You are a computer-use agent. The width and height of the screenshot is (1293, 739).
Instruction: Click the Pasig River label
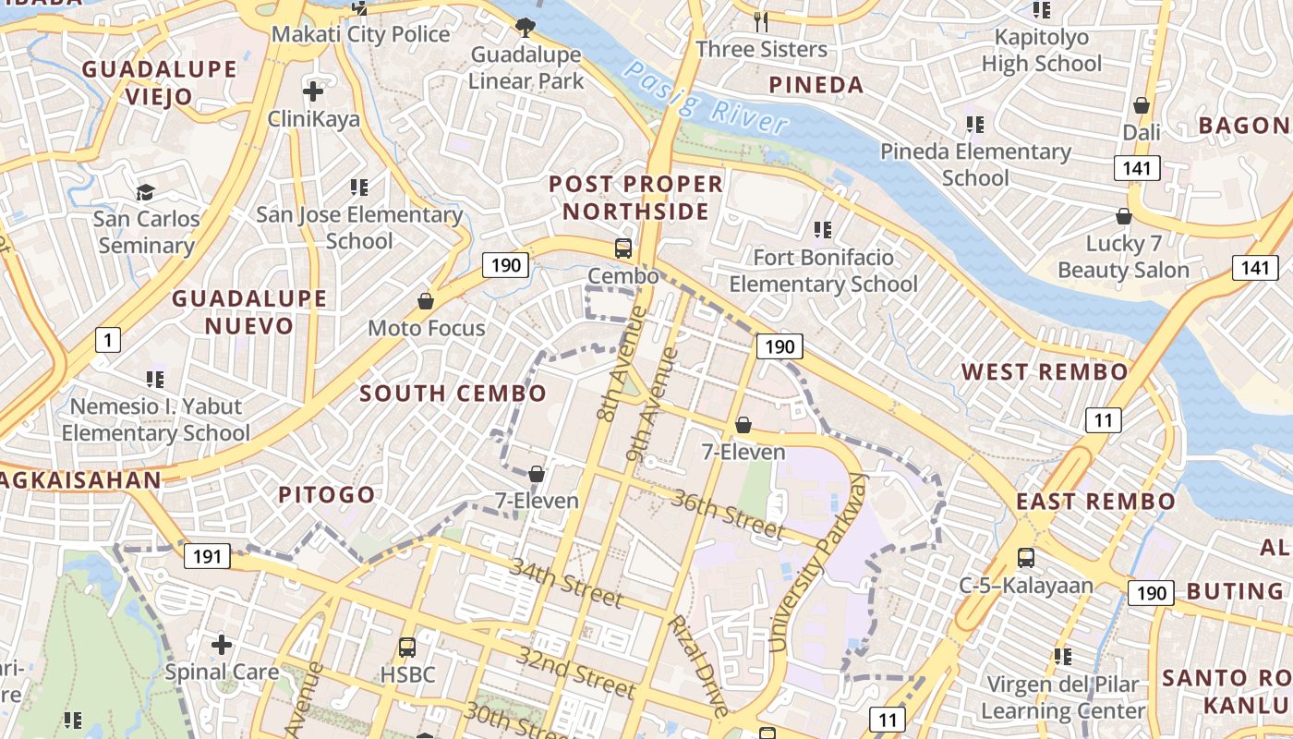(706, 98)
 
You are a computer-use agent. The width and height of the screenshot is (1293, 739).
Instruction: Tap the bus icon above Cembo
(623, 248)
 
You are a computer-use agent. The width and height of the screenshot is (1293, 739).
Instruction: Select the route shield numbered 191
(207, 556)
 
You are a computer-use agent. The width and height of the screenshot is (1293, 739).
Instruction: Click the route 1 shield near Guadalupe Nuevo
(108, 341)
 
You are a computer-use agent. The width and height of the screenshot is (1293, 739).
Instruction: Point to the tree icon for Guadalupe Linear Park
(526, 27)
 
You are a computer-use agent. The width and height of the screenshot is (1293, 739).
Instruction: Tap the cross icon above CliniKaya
(313, 91)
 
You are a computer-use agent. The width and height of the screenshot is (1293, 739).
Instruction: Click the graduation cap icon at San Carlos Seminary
(146, 192)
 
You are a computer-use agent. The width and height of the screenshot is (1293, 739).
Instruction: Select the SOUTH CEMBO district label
(453, 394)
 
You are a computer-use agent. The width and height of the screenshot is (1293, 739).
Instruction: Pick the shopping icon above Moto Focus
(426, 301)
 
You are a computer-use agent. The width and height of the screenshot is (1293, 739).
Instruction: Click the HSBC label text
(407, 674)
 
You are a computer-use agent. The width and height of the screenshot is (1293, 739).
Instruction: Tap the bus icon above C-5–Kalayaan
(1026, 558)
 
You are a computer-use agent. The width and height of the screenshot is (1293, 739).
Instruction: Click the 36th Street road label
(728, 515)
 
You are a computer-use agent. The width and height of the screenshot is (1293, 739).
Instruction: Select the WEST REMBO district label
(1045, 372)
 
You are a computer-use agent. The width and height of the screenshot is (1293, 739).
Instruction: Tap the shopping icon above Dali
(1142, 105)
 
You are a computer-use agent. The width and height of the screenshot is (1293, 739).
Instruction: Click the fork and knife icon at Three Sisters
(761, 21)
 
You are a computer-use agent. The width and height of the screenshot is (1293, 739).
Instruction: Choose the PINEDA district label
(816, 86)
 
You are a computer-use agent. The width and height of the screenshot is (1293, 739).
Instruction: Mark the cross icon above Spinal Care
(222, 644)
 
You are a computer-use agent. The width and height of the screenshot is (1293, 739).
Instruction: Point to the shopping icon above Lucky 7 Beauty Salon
(1124, 216)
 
